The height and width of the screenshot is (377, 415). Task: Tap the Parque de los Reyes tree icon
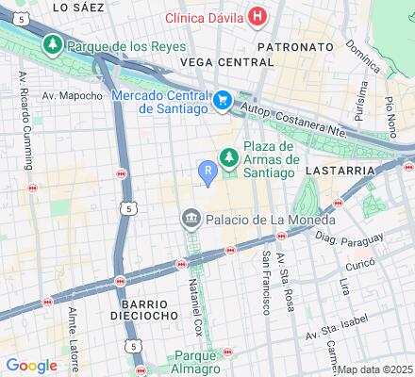53,44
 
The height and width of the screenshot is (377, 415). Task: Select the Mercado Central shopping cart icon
223,99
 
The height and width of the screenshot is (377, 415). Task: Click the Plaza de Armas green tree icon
227,157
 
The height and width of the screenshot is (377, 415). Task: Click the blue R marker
207,170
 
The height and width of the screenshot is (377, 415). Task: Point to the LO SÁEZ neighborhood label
76,7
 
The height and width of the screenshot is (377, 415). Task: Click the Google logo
31,365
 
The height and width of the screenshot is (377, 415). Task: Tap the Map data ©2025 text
375,369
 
